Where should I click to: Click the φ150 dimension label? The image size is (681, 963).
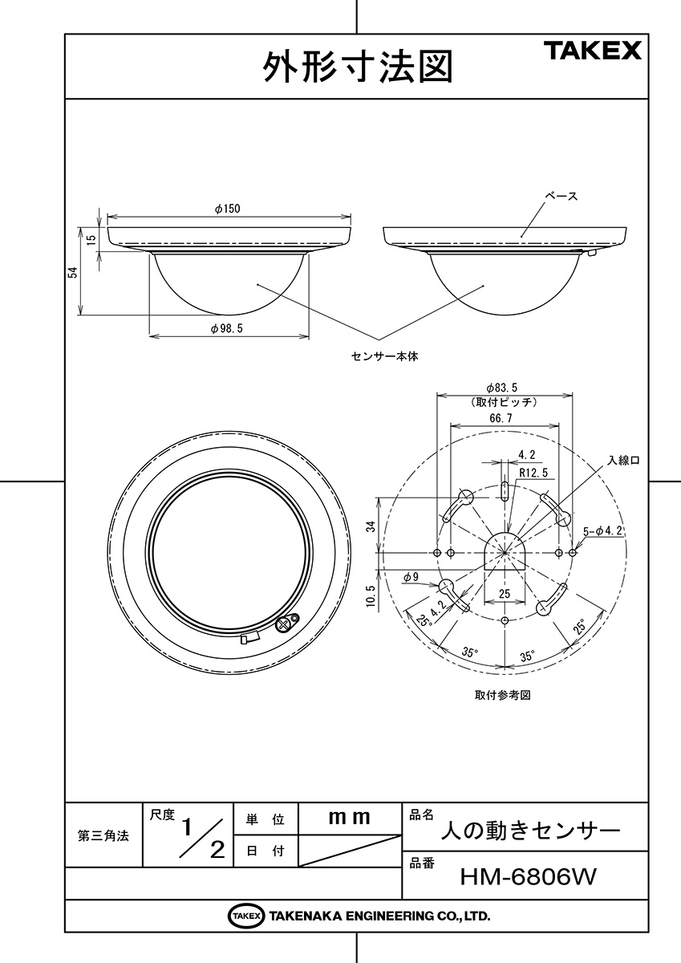pyautogui.click(x=228, y=209)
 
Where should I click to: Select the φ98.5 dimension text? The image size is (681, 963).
pyautogui.click(x=227, y=328)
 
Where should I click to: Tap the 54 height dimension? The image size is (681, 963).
pyautogui.click(x=74, y=272)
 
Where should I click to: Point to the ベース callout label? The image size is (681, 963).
pyautogui.click(x=561, y=197)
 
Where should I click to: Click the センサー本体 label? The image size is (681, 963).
pyautogui.click(x=384, y=356)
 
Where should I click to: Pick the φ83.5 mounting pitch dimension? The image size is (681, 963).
pyautogui.click(x=501, y=388)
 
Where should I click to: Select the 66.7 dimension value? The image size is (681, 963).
pyautogui.click(x=501, y=418)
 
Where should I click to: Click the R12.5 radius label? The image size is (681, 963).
pyautogui.click(x=533, y=473)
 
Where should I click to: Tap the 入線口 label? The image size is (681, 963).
pyautogui.click(x=623, y=461)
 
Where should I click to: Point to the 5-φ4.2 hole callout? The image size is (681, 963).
pyautogui.click(x=603, y=531)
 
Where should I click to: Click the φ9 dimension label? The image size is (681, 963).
pyautogui.click(x=411, y=577)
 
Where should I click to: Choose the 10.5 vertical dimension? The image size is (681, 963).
pyautogui.click(x=371, y=595)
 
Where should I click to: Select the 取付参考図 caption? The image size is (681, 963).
pyautogui.click(x=503, y=696)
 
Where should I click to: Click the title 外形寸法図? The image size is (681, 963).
pyautogui.click(x=358, y=67)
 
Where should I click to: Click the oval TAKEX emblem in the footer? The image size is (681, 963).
pyautogui.click(x=245, y=916)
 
